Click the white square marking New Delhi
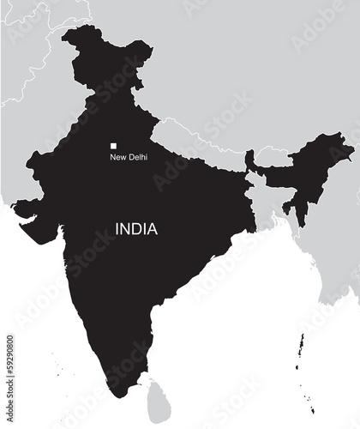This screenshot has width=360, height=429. click(x=112, y=147)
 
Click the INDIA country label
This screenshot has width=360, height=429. click(x=137, y=229)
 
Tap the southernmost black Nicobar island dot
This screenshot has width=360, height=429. click(x=314, y=412)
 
